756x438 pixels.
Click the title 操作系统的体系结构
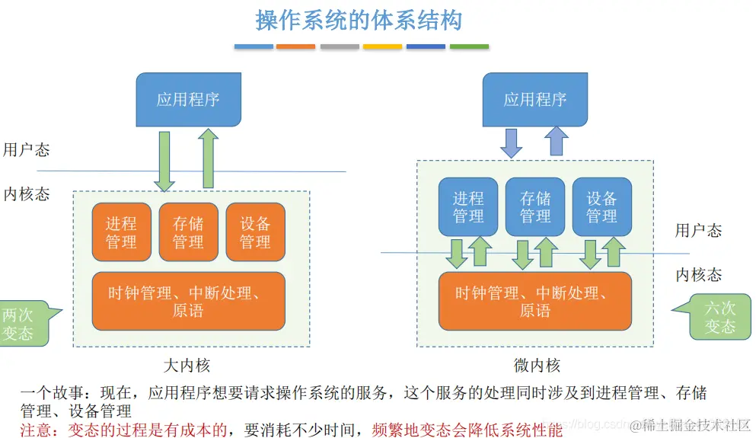359,21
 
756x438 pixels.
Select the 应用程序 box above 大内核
188,100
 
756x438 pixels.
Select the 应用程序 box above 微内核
535,100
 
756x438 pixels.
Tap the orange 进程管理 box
121,232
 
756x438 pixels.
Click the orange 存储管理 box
188,232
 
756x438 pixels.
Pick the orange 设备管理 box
255,232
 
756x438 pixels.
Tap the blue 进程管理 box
468,207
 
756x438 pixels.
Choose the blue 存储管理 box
535,207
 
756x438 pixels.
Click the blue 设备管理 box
601,207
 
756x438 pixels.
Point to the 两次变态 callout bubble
21,323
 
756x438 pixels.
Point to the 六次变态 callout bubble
717,317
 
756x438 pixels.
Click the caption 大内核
187,365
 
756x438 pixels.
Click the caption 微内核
537,365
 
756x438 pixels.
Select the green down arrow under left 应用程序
164,161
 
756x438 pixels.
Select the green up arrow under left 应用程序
208,159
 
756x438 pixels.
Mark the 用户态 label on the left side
27,149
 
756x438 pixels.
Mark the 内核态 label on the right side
699,275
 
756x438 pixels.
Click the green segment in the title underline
469,46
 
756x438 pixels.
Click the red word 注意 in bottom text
36,429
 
